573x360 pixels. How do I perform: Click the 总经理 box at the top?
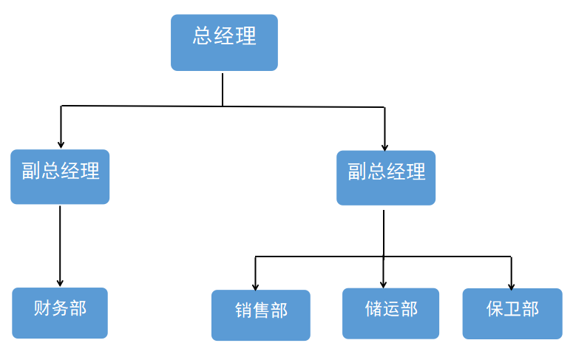coord(224,43)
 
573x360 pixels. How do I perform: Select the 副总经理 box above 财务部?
coord(60,177)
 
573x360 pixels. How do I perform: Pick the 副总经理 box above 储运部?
coord(386,178)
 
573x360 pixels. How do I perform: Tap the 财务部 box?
coord(60,313)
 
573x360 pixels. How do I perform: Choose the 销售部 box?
coord(260,315)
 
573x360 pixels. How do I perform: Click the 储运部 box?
coord(390,313)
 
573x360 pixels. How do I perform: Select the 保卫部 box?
coord(512,313)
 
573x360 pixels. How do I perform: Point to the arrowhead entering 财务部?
coord(60,282)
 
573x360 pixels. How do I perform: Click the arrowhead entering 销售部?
coord(255,285)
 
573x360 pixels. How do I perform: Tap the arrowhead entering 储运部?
coord(383,283)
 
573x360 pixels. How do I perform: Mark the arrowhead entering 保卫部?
coord(511,285)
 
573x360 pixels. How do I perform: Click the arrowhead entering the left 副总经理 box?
coord(61,144)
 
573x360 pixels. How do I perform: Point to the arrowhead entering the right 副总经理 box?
coord(384,147)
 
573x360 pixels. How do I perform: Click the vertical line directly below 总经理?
coord(223,89)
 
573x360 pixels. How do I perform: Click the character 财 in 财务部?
coord(42,309)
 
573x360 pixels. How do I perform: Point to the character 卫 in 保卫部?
coord(512,309)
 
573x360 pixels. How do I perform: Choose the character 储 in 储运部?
coord(373,309)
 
